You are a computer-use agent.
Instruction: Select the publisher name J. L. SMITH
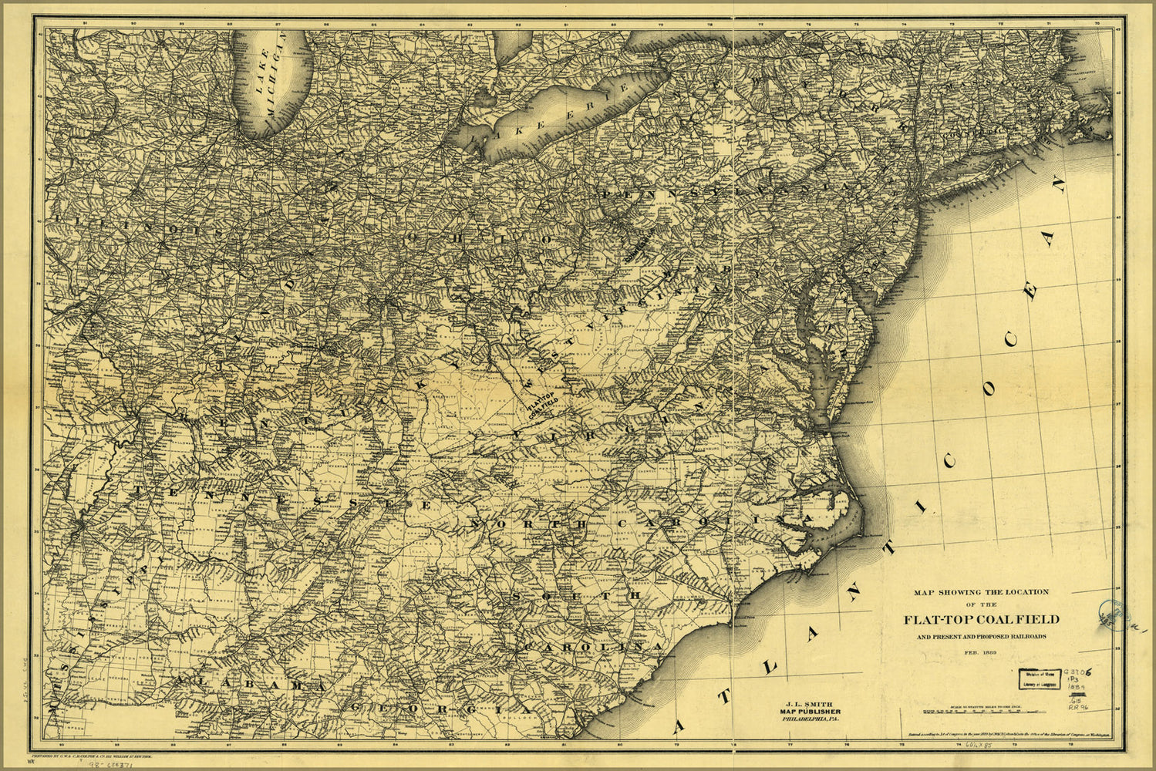tap(809, 702)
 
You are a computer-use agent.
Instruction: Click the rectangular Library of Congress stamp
tap(1038, 676)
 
